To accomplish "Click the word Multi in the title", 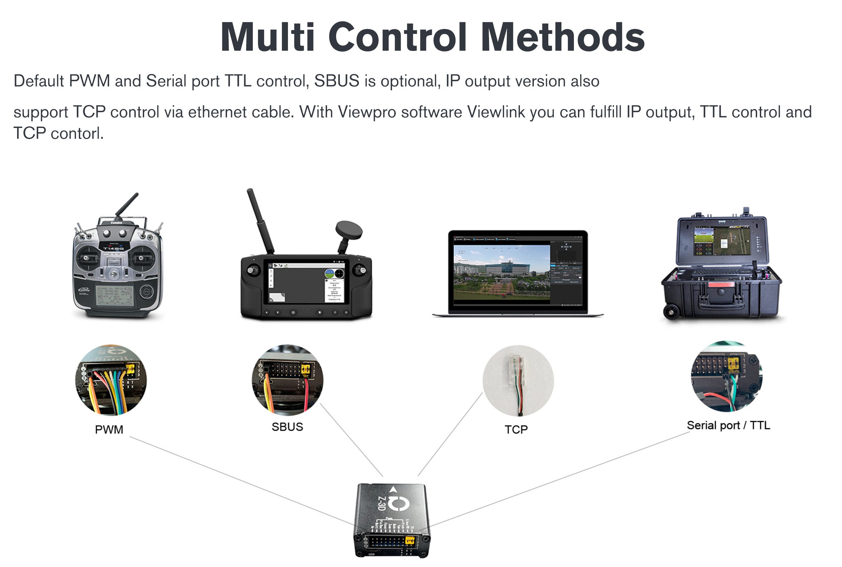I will point(267,37).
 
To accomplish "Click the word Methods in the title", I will point(563,37).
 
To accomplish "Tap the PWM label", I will point(109,429).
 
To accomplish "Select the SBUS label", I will point(287,427).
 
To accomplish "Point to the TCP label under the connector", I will point(516,429).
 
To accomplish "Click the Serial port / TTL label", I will point(728,425).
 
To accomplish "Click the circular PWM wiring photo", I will point(111,380).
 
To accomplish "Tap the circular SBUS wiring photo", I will point(287,380).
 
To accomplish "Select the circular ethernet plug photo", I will point(518,380).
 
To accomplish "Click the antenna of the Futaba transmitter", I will point(127,204).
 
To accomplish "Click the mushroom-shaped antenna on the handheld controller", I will point(349,229).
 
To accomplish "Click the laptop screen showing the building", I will point(501,272).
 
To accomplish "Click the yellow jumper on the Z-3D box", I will point(410,541).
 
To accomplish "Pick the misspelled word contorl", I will point(77,133).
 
